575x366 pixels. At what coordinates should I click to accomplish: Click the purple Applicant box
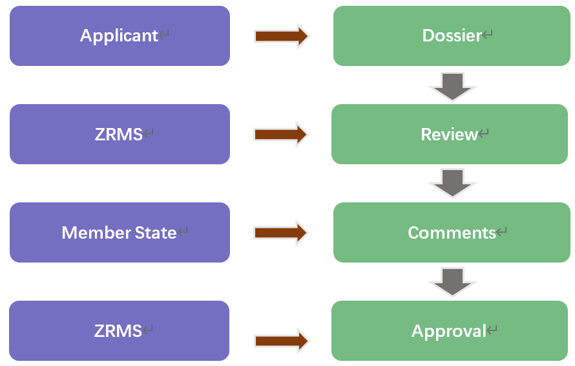(120, 36)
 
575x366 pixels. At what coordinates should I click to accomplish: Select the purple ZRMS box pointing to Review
(120, 134)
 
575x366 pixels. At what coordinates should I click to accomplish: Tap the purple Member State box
(120, 232)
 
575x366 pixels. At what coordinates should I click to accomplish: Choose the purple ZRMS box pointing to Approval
(120, 330)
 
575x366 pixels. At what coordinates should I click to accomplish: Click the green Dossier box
(452, 36)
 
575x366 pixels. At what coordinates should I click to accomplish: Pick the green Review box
(450, 134)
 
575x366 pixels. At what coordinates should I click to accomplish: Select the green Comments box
(452, 232)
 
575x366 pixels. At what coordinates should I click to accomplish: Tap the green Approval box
(450, 330)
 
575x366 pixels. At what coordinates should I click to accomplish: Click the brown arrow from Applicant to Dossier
(281, 36)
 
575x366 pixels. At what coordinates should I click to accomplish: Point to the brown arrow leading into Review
(281, 135)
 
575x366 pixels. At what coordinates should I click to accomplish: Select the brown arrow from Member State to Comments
(281, 233)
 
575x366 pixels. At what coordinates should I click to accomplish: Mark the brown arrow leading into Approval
(281, 341)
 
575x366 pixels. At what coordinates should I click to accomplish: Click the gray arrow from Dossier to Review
(452, 86)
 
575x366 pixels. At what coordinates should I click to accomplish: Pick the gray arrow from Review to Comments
(452, 183)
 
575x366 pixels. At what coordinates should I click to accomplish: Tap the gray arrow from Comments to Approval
(452, 282)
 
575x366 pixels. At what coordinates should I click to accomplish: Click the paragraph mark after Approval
(492, 331)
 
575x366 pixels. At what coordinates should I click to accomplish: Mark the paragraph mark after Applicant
(165, 36)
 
